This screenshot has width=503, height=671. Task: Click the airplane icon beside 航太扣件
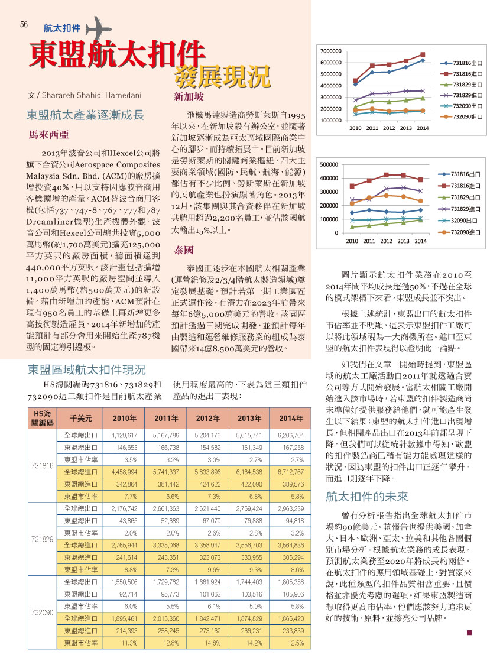click(x=99, y=28)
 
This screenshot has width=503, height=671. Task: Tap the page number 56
click(x=24, y=24)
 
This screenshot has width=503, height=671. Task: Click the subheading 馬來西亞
click(x=48, y=135)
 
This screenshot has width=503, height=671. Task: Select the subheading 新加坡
click(x=189, y=97)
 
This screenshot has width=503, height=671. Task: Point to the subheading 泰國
click(x=184, y=250)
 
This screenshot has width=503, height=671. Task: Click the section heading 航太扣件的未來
click(x=367, y=497)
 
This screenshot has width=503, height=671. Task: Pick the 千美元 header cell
click(x=81, y=418)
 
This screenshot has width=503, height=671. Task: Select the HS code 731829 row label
click(x=43, y=539)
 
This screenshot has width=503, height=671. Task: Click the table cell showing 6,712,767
click(x=290, y=472)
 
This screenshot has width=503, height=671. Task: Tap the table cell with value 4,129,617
click(x=124, y=435)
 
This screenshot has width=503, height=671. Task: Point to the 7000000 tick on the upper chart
click(x=331, y=51)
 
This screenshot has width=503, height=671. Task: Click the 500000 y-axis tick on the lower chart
click(x=329, y=164)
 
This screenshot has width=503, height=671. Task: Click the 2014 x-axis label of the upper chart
click(x=423, y=128)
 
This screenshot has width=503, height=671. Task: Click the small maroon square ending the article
click(x=469, y=633)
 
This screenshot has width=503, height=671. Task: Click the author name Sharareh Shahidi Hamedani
click(x=92, y=95)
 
